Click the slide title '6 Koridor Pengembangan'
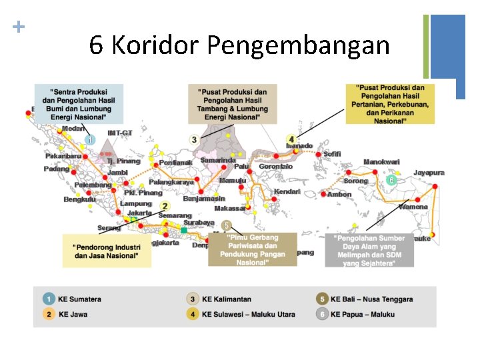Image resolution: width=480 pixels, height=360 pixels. (x=239, y=45)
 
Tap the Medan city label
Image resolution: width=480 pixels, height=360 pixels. (x=73, y=129)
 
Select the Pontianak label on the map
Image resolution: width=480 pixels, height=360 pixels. (x=175, y=162)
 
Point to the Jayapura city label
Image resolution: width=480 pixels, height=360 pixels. (x=428, y=173)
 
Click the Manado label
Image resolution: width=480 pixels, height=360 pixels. (x=299, y=146)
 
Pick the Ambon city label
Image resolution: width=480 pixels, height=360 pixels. (x=339, y=195)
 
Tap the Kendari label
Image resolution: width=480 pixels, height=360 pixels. (x=287, y=192)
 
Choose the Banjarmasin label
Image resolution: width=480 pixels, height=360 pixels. (x=204, y=198)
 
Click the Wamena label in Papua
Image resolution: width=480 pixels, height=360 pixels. (x=413, y=207)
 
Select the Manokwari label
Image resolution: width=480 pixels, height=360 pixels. (x=381, y=162)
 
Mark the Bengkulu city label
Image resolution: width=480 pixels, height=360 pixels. (x=79, y=199)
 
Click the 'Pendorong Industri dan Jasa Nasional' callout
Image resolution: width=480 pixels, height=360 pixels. (x=107, y=251)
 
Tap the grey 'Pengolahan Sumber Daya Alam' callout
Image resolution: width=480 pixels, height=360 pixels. (x=369, y=250)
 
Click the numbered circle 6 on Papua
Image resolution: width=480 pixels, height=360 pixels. (x=391, y=180)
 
